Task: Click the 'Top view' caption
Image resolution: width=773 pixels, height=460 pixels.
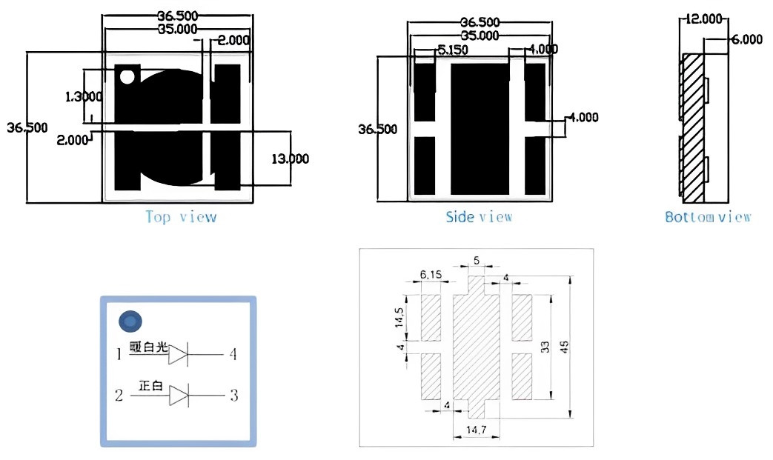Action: [181, 217]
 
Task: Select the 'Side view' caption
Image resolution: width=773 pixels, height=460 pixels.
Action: [479, 217]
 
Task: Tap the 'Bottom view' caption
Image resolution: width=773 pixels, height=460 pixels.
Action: [708, 217]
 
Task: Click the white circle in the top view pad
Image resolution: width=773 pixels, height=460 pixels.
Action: [127, 76]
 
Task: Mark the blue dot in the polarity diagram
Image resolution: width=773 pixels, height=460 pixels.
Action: [130, 322]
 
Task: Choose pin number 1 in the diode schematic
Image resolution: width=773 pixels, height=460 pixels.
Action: [119, 355]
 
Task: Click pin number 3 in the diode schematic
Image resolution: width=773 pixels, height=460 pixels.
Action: [233, 396]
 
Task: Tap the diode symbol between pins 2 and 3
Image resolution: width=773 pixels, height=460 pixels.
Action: [179, 396]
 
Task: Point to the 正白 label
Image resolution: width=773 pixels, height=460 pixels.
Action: [150, 386]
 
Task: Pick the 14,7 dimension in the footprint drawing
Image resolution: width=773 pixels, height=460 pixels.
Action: [476, 430]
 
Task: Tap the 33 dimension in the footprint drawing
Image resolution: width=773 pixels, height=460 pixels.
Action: [546, 347]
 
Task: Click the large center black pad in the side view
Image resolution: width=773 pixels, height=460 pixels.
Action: [480, 128]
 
